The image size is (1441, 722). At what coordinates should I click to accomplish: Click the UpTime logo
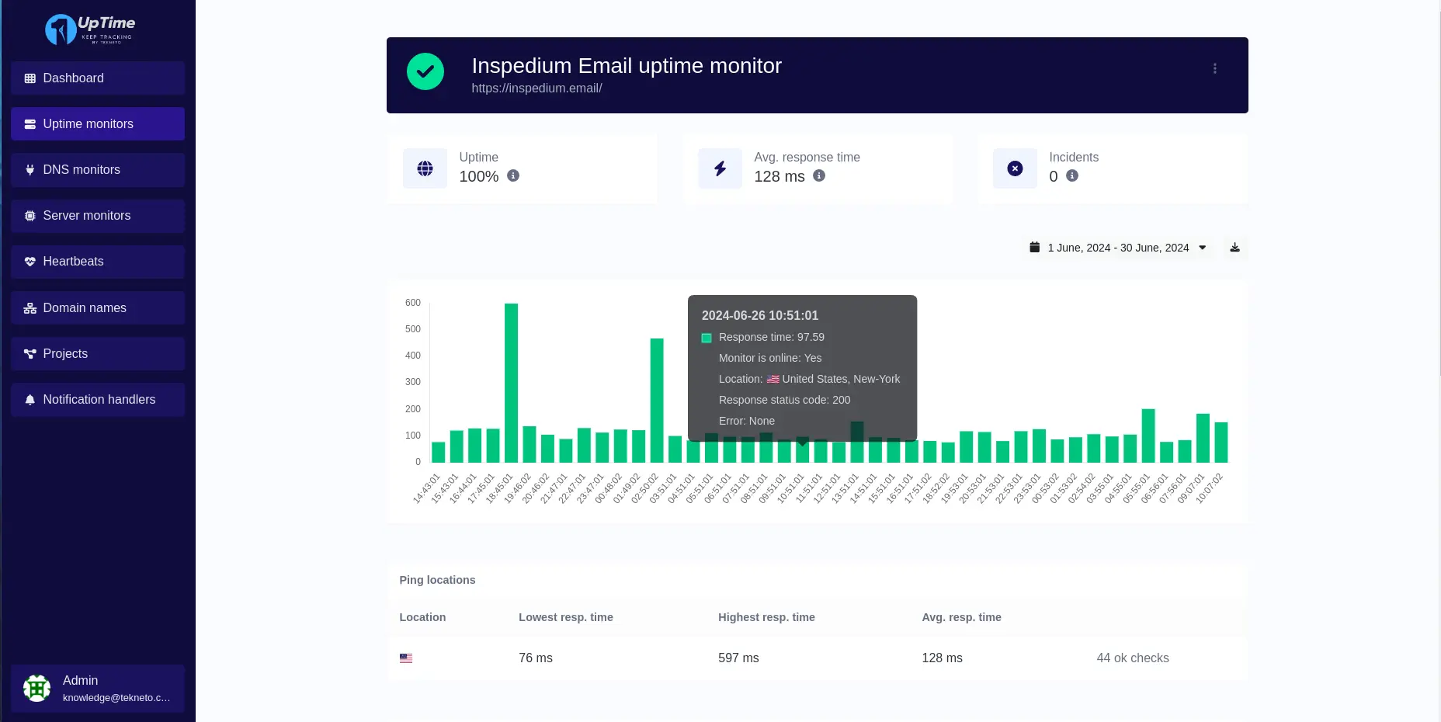[90, 30]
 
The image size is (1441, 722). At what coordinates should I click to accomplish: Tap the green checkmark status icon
[425, 71]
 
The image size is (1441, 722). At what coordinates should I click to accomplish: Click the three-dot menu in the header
[1214, 68]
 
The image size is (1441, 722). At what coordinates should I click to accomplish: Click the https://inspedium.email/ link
[536, 89]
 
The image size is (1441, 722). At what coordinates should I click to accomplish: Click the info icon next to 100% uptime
[513, 176]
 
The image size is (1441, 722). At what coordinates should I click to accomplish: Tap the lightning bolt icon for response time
[720, 168]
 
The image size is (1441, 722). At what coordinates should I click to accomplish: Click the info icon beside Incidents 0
[1072, 176]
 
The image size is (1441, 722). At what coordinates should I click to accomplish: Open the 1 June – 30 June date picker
[1117, 248]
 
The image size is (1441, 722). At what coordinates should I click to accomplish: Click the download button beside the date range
[1234, 248]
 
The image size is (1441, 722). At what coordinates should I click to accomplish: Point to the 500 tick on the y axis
[412, 329]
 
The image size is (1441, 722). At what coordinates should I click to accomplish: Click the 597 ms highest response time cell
[738, 658]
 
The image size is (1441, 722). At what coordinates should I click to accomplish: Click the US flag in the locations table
[406, 658]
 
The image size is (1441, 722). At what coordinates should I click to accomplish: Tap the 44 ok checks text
[1132, 658]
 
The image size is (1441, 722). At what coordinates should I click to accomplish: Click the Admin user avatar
[36, 688]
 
